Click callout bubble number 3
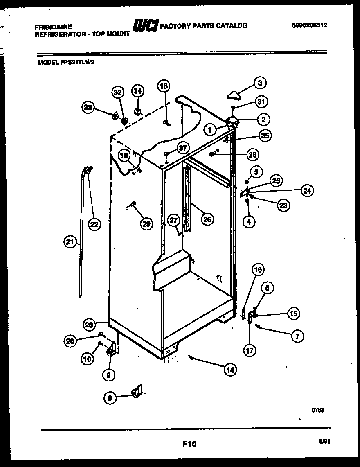[259, 83]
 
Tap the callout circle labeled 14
[231, 370]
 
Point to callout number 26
[207, 219]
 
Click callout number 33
[88, 108]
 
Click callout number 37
[183, 148]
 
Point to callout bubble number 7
[297, 336]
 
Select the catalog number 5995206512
[310, 25]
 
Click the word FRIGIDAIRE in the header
[54, 27]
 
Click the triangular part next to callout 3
[235, 95]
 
